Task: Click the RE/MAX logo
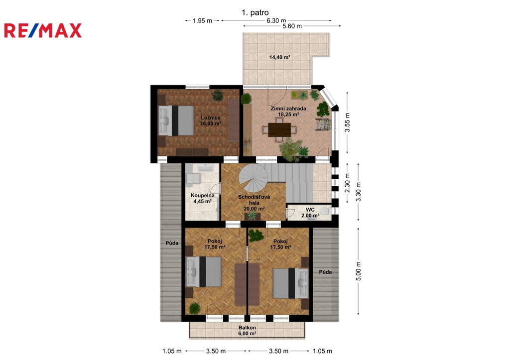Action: (x=43, y=30)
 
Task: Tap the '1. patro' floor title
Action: (x=255, y=12)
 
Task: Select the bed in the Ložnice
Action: (x=176, y=120)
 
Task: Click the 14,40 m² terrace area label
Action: (x=280, y=57)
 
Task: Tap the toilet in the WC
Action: (x=325, y=212)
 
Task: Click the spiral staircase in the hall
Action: (x=254, y=178)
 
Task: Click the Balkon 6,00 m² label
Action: (x=247, y=331)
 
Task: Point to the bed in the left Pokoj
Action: (x=204, y=271)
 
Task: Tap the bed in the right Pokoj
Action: (x=290, y=283)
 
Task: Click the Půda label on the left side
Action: (x=172, y=243)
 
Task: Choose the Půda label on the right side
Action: (x=325, y=272)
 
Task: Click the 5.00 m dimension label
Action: (x=359, y=271)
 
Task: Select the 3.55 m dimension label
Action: (x=347, y=122)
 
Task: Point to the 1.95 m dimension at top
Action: (x=202, y=21)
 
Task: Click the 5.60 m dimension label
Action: (x=292, y=26)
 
